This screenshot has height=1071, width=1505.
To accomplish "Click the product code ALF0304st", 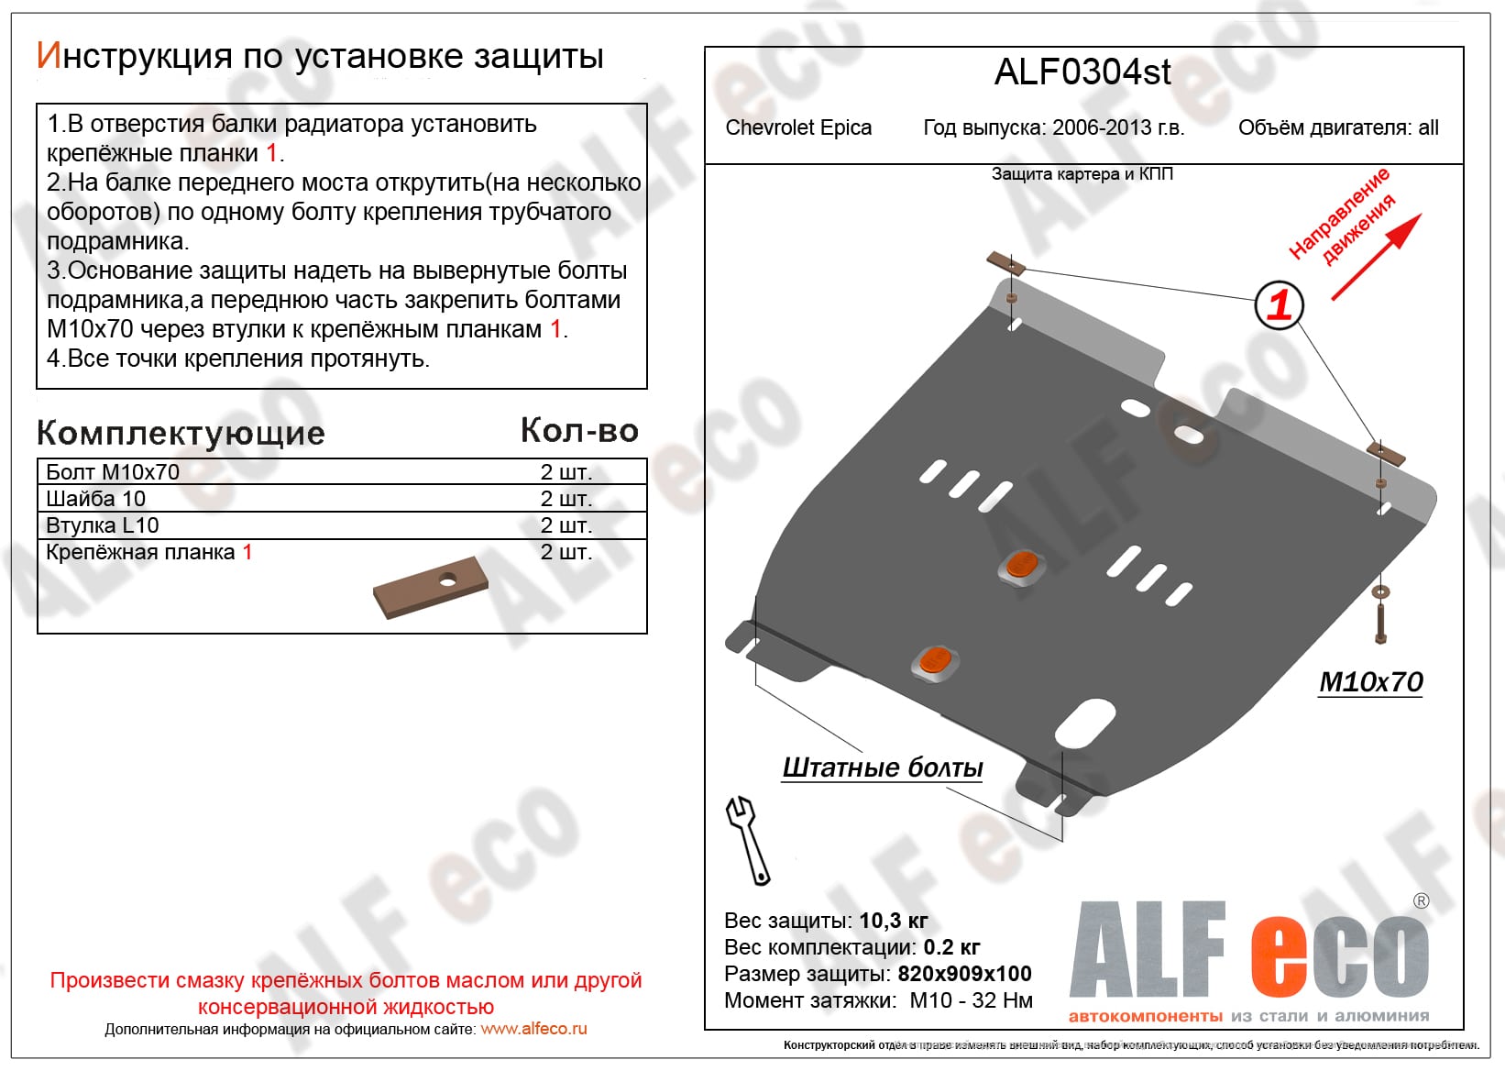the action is click(1082, 72).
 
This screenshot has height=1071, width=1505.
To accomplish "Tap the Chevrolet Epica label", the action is click(798, 127).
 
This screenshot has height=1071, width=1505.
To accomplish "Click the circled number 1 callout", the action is click(1279, 305).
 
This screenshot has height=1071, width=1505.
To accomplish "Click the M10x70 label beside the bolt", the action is click(1370, 681).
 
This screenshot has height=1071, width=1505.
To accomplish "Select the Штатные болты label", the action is click(882, 767).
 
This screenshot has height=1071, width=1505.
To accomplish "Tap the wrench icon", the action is click(748, 840).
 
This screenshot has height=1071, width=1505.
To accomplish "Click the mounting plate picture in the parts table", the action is click(430, 587).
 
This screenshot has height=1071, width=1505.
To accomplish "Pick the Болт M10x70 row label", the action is click(112, 472).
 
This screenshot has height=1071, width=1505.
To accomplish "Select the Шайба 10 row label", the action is click(95, 499).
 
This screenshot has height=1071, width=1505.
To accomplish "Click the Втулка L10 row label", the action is click(102, 525).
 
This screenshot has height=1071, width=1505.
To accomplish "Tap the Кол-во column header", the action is click(579, 430).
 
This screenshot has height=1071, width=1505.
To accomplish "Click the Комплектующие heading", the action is click(181, 434).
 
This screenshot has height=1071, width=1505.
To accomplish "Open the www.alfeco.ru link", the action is click(533, 1029).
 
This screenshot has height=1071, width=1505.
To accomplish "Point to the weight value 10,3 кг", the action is click(894, 921).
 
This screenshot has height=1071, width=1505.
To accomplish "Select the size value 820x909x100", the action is click(964, 974).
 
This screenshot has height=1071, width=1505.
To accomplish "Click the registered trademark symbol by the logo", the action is click(1421, 900).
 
